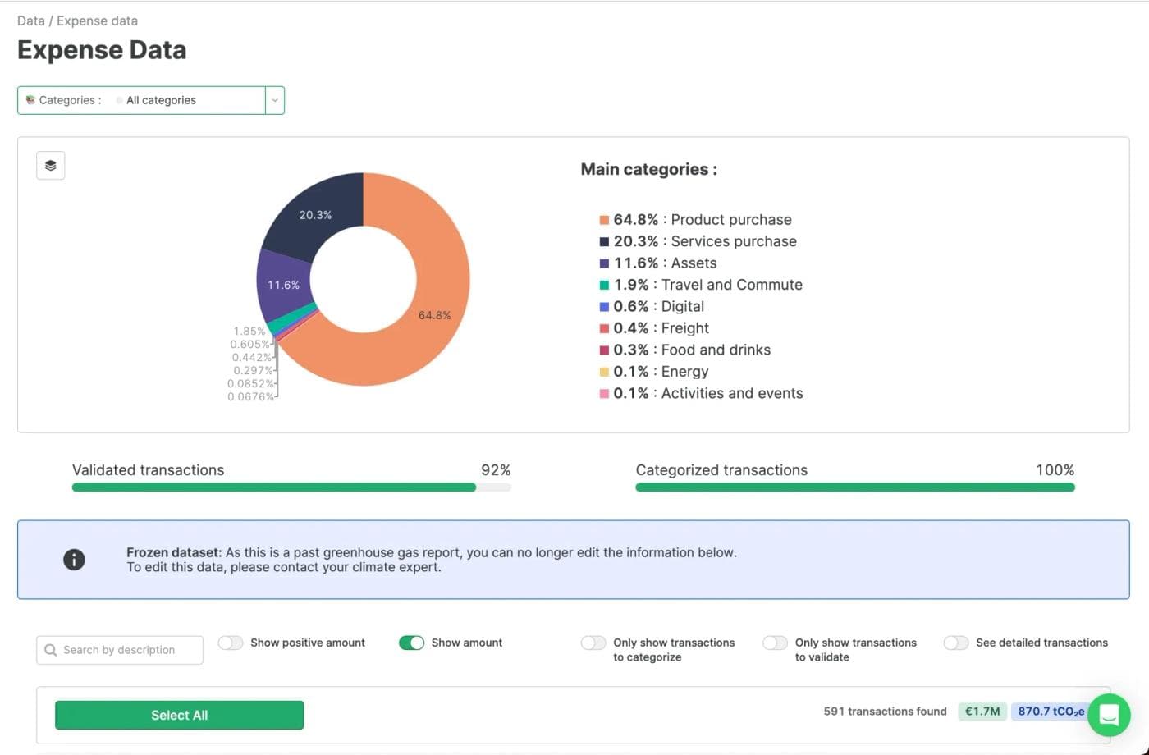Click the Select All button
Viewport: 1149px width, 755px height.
179,715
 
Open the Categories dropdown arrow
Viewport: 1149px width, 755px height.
275,100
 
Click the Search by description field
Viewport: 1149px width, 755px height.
120,650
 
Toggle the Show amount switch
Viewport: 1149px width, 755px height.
411,643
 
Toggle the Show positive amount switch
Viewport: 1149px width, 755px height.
231,643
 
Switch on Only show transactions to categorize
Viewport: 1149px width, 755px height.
593,643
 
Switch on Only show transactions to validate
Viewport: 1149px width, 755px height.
775,643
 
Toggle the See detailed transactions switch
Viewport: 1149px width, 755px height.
956,643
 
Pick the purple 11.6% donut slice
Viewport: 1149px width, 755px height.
284,285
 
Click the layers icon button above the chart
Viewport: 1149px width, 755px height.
51,166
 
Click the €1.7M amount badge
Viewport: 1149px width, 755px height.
982,712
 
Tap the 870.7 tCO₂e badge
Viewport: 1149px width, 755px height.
1050,712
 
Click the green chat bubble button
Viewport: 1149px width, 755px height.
1109,715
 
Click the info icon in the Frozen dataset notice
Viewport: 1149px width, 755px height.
74,560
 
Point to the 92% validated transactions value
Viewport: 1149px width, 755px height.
496,470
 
